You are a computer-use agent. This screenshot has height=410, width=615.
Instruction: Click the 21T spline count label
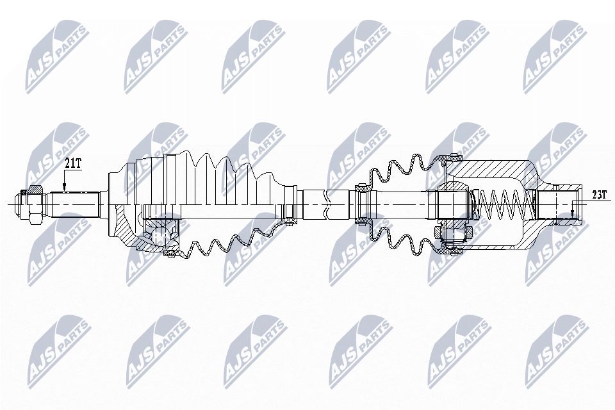coord(73,163)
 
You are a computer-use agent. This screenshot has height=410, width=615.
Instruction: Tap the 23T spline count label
coord(598,195)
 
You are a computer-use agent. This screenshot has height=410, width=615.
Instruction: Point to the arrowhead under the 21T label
coord(64,186)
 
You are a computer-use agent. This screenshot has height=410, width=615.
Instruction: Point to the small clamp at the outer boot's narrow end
coord(290,204)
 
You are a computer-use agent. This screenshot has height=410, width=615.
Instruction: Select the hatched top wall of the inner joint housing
coord(493,168)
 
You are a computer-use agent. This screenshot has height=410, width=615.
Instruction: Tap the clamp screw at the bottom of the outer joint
coord(170,256)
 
